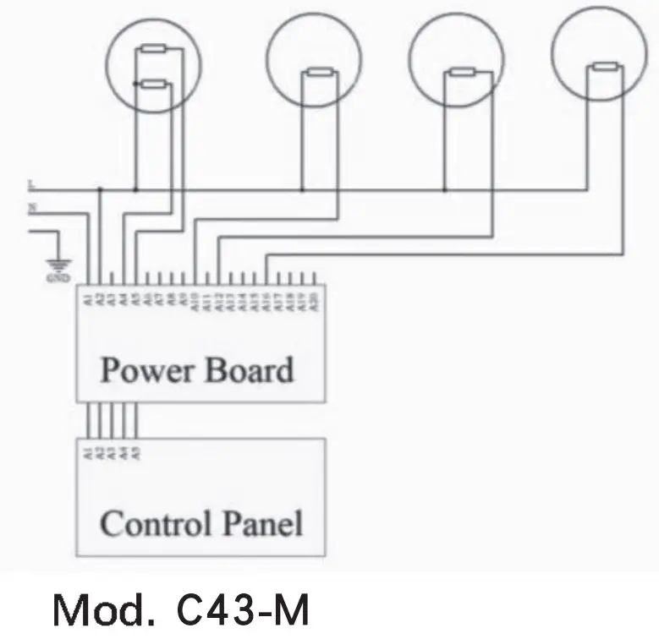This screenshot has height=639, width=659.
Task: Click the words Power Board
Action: tap(197, 370)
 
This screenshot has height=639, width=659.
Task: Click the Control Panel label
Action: tap(201, 524)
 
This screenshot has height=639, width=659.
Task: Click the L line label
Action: tap(31, 183)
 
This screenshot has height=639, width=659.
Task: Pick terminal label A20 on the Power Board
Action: tap(315, 298)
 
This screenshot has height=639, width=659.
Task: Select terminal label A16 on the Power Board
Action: tap(267, 298)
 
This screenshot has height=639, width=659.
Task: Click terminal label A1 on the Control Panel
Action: tap(88, 451)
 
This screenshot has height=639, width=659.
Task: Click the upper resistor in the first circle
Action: tap(154, 50)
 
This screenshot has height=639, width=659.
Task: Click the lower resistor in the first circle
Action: tap(154, 84)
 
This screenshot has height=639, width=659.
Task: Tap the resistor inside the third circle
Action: tap(462, 74)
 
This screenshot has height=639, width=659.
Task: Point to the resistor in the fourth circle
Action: tap(604, 67)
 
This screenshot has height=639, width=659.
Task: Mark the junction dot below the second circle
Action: tap(302, 188)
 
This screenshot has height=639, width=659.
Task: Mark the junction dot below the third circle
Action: tap(445, 188)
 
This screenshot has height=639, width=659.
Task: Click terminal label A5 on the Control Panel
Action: tap(136, 451)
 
